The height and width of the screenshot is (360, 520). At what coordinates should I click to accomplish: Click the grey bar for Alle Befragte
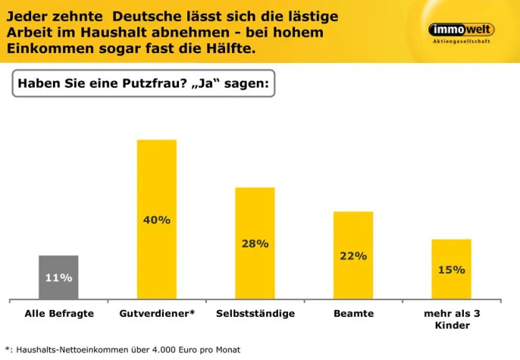point(58,277)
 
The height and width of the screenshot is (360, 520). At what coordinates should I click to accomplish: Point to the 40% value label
point(156,220)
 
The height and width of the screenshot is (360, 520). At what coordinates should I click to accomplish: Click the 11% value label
point(58,278)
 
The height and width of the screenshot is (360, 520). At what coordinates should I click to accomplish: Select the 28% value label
point(255,244)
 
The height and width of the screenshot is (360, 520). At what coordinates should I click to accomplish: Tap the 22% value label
point(353,256)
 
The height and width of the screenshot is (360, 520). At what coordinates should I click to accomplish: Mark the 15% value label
point(452,270)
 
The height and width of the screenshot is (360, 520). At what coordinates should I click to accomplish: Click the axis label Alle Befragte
point(59,314)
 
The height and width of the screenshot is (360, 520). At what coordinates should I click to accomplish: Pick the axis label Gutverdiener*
point(157,314)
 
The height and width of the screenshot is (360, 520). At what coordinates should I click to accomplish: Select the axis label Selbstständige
point(255,314)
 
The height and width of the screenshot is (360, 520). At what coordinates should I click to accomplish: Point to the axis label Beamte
point(353,314)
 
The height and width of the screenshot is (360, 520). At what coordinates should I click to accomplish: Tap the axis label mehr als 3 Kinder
point(452,320)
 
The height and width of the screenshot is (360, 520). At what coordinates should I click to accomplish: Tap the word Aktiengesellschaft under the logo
point(461,42)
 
